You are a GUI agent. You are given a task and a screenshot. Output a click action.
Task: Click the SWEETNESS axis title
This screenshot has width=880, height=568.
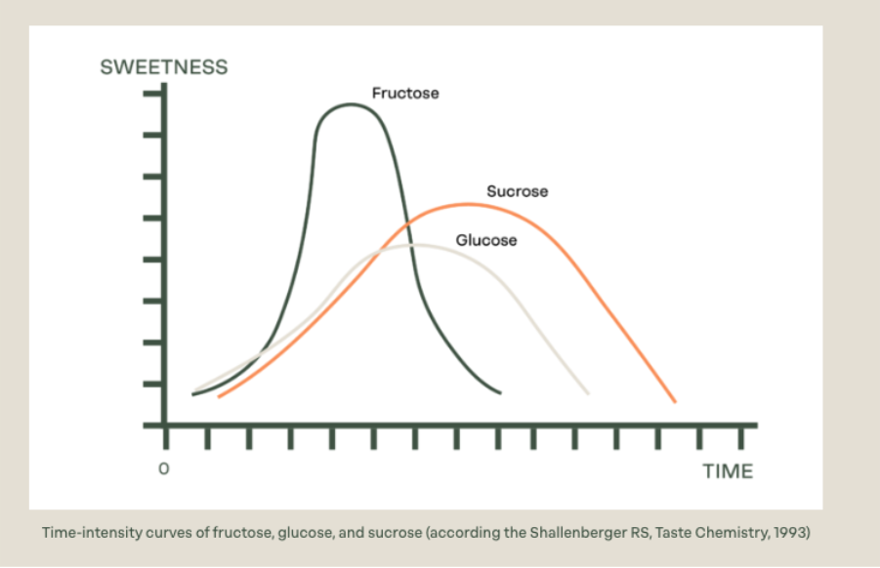164,67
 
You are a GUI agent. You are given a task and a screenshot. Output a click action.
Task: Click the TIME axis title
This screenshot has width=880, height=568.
728,471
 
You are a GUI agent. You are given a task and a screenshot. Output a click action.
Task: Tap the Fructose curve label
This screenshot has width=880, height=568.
405,94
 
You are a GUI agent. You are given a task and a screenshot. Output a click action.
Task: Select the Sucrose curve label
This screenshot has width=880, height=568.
518,191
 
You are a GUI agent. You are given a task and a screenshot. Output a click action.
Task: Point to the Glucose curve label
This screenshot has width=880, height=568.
486,240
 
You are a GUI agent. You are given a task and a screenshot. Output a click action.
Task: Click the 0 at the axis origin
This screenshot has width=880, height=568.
164,469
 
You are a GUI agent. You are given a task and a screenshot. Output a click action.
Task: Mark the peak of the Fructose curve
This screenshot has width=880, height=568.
350,104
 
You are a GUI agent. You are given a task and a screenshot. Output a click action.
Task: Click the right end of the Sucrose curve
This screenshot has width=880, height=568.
674,401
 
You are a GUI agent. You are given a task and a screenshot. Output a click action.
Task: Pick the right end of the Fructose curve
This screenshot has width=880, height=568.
499,392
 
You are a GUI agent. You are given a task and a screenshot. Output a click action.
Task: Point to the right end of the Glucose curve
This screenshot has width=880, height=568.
588,392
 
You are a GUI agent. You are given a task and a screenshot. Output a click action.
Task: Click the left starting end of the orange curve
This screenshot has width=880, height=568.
219,396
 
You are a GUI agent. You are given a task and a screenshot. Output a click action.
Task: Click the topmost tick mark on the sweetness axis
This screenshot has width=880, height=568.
152,95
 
